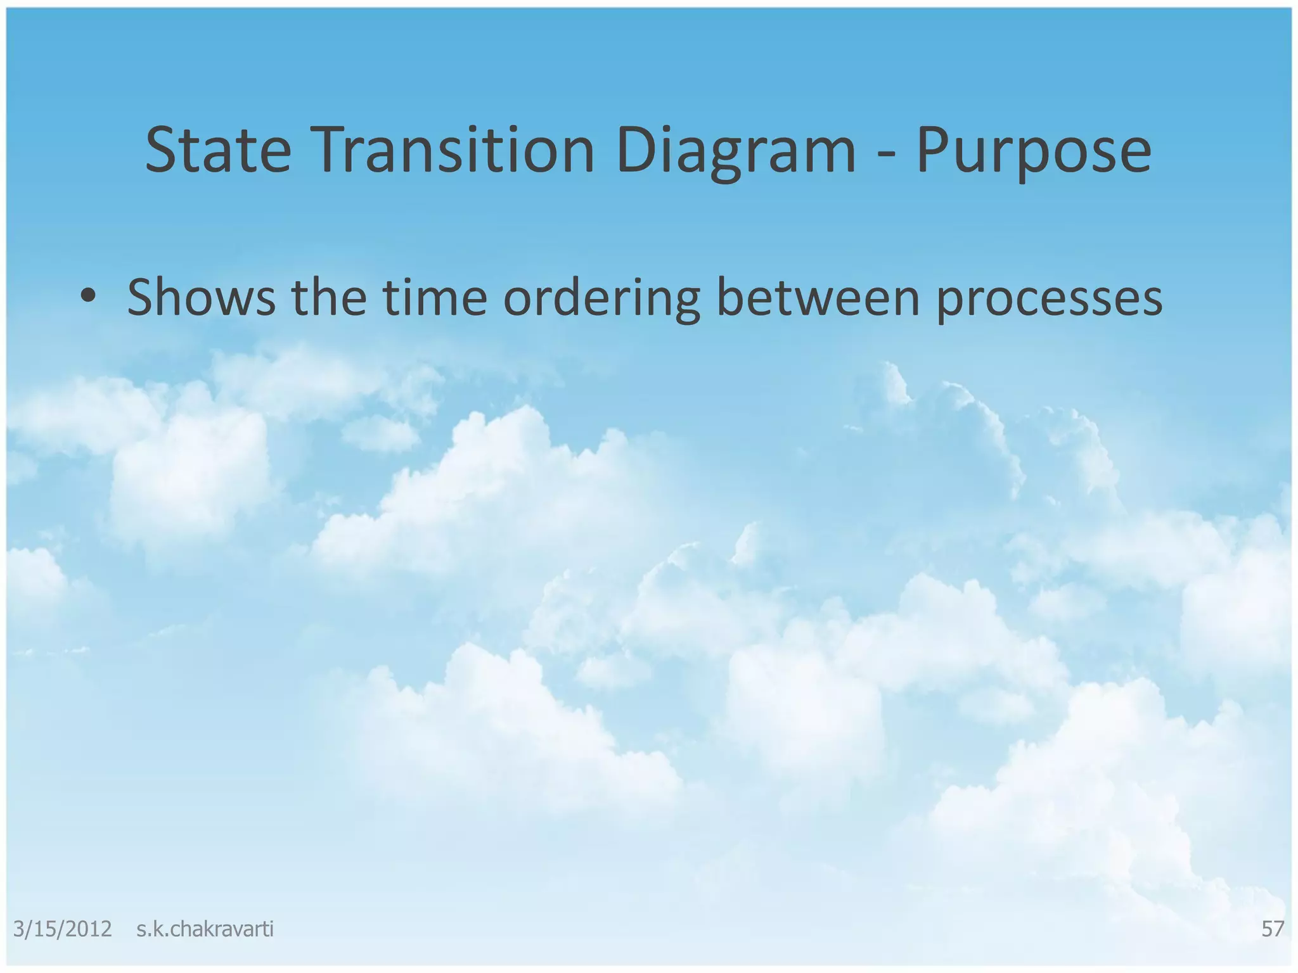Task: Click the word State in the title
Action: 218,151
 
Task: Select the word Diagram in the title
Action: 735,151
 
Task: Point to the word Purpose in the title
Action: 1033,151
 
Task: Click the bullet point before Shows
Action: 88,296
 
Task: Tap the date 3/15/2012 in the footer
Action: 62,929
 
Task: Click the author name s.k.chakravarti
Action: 205,929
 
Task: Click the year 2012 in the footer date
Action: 88,929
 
